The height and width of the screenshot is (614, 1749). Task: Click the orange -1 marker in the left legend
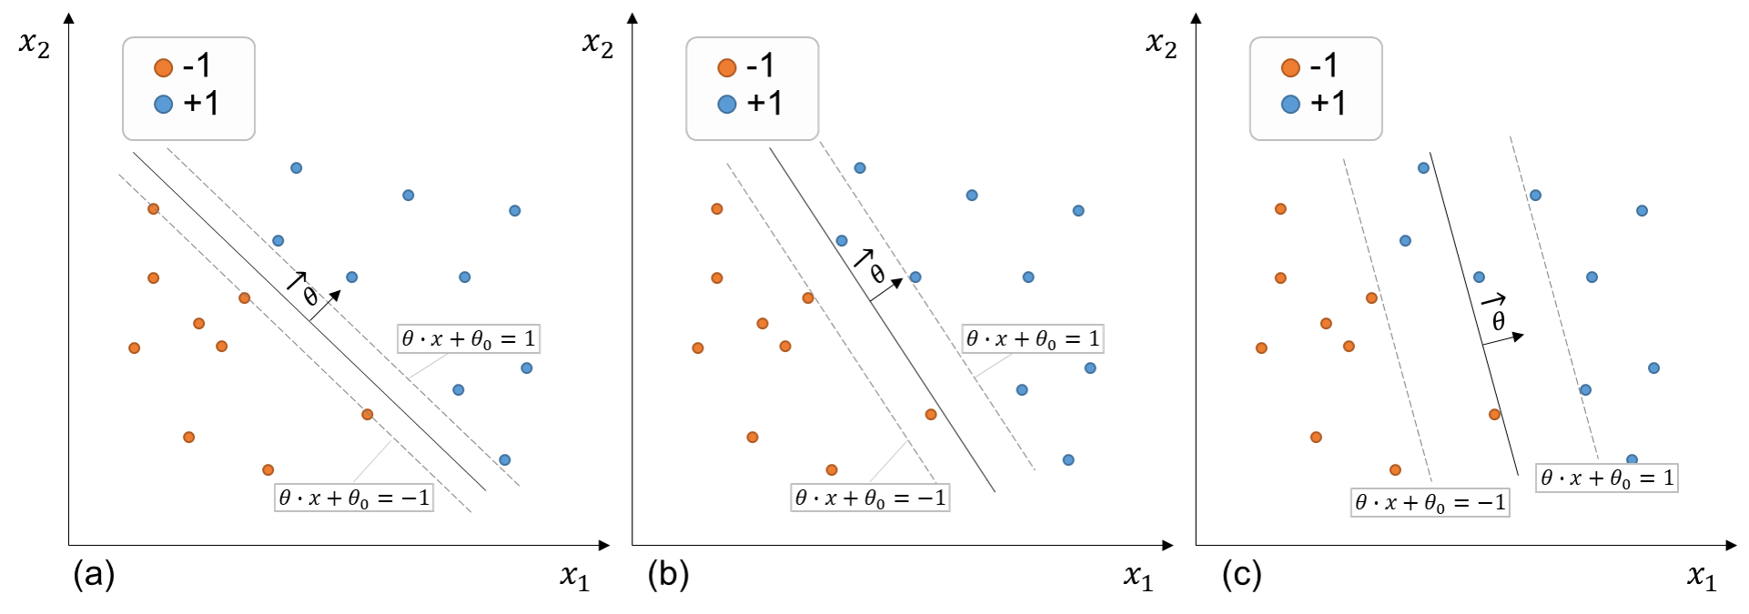164,67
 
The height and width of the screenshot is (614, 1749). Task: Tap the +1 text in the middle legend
764,104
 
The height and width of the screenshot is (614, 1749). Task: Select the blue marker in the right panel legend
1290,105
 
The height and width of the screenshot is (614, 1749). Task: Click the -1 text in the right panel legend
1324,65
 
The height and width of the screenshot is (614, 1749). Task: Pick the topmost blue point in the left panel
297,168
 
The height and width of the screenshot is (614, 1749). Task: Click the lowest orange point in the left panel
268,470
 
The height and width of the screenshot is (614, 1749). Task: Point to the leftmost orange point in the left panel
135,348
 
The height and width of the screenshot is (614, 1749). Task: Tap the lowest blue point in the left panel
505,460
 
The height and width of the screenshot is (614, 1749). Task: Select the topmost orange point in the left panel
154,209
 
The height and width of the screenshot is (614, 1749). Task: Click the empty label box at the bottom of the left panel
354,498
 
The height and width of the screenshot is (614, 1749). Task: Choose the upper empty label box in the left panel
469,338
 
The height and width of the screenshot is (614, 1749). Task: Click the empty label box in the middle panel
1032,338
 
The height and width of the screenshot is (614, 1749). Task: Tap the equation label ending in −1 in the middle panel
870,498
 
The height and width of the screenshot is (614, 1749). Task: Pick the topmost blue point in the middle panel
860,168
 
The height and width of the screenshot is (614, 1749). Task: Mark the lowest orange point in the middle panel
832,470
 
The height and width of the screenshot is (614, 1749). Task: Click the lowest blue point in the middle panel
1068,460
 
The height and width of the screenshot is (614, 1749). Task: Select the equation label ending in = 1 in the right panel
1606,478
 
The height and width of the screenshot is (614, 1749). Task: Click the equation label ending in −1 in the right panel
1430,503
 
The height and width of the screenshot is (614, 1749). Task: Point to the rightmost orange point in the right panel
1494,415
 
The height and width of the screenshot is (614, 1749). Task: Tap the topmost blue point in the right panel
1423,168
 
